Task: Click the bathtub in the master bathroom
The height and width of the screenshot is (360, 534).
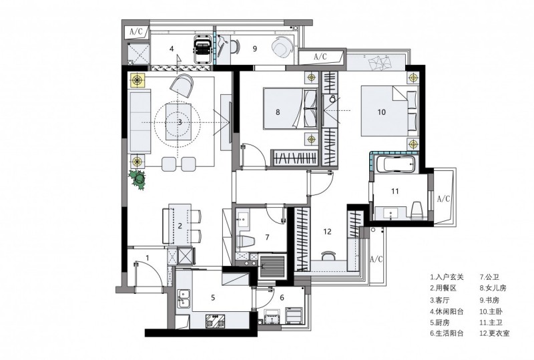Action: [396, 164]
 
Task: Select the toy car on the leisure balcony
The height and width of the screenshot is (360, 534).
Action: [203, 49]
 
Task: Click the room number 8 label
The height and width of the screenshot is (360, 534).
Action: [278, 112]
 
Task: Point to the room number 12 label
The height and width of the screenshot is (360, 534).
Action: [327, 232]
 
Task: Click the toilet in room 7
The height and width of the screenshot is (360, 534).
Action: [246, 241]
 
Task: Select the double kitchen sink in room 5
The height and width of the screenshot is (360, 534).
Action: [184, 299]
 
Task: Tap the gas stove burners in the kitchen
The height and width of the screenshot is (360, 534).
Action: [216, 321]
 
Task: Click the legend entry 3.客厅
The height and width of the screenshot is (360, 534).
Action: [440, 300]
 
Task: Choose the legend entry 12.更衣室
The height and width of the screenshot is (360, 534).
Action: [495, 333]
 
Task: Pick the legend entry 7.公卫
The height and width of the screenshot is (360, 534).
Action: [489, 277]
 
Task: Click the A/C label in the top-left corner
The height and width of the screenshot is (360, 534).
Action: [136, 31]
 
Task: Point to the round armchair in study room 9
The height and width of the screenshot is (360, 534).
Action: [282, 47]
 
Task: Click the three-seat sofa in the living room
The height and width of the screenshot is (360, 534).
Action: [140, 121]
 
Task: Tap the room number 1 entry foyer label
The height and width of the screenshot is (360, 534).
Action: [148, 258]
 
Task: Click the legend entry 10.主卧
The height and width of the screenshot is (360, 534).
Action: [491, 311]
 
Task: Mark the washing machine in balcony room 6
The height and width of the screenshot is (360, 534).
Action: [294, 315]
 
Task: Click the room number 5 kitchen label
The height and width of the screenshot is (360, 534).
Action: [213, 298]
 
